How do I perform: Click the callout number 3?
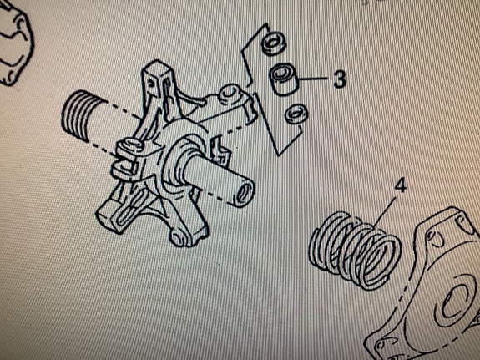pyautogui.click(x=339, y=79)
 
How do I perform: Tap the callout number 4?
pyautogui.click(x=400, y=185)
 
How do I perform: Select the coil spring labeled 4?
pyautogui.click(x=355, y=250)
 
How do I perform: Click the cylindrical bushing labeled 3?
pyautogui.click(x=284, y=79)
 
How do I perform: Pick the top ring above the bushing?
pyautogui.click(x=273, y=43)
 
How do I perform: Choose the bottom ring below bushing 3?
pyautogui.click(x=296, y=114)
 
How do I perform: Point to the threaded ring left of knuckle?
pyautogui.click(x=80, y=116)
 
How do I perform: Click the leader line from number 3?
pyautogui.click(x=314, y=79)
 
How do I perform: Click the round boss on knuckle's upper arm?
pyautogui.click(x=229, y=94)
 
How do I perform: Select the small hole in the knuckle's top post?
pyautogui.click(x=149, y=84)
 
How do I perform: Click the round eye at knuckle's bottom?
pyautogui.click(x=178, y=237)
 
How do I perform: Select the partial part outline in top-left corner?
pyautogui.click(x=15, y=43)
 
